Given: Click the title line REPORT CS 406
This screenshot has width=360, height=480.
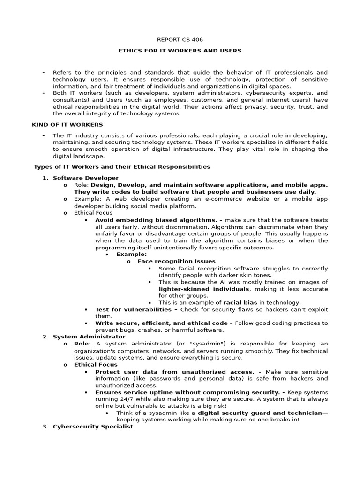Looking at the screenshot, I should pos(180,40).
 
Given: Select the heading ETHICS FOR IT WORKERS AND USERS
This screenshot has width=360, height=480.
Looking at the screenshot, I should pos(180,51).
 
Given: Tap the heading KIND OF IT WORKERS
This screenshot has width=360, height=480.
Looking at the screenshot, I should pos(67,124).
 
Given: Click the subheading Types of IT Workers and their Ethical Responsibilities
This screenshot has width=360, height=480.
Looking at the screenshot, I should pos(121,166).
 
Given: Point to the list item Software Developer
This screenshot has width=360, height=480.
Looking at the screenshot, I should pos(86,178).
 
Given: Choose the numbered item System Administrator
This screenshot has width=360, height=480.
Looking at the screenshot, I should pos(89,337).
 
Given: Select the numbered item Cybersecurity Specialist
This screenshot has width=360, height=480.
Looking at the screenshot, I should pos(93,427).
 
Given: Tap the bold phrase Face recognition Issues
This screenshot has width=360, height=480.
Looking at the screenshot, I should pos(176,261).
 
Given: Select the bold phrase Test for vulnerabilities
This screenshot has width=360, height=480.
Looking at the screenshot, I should pos(134,309).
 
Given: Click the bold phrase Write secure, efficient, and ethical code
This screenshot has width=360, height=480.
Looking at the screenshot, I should pos(162,323).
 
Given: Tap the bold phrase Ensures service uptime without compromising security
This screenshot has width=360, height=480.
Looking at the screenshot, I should pos(186,392).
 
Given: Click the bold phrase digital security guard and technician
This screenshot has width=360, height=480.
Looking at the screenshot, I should pos(260,412).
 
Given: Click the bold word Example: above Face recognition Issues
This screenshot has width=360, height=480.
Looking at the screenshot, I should pos(131,254).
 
